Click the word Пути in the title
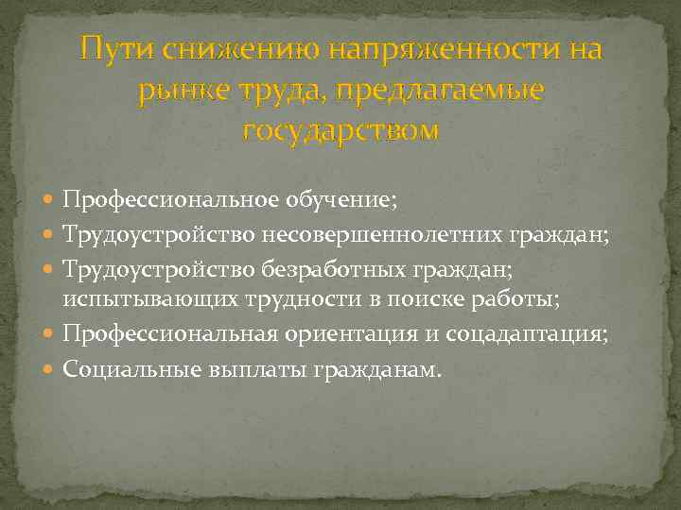(x=116, y=47)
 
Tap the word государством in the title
(x=340, y=130)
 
